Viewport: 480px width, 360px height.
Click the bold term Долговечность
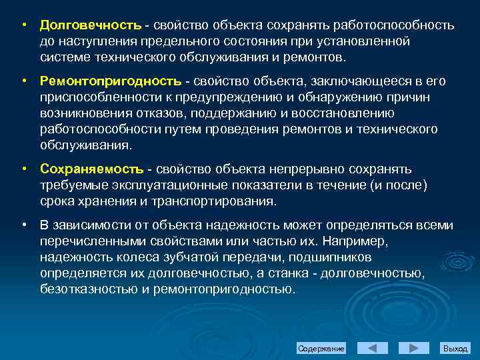(x=90, y=25)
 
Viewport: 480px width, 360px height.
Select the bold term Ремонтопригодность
(x=110, y=81)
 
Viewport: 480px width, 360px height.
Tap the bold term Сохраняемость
(x=91, y=169)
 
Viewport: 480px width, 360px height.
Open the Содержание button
(x=321, y=349)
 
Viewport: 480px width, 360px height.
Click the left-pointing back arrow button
(x=373, y=348)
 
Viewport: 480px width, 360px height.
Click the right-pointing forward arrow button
(x=414, y=348)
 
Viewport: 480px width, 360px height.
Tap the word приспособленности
(x=95, y=97)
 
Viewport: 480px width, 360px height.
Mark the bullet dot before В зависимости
(x=23, y=225)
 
